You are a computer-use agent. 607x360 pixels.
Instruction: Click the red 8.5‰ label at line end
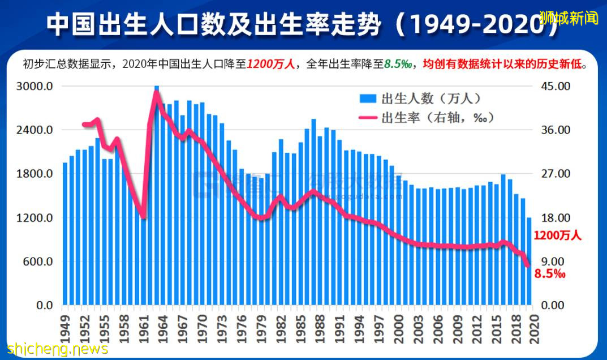[x=550, y=274]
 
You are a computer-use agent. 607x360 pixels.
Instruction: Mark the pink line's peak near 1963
[x=156, y=92]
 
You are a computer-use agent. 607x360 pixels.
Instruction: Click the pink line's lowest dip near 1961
[x=143, y=216]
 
